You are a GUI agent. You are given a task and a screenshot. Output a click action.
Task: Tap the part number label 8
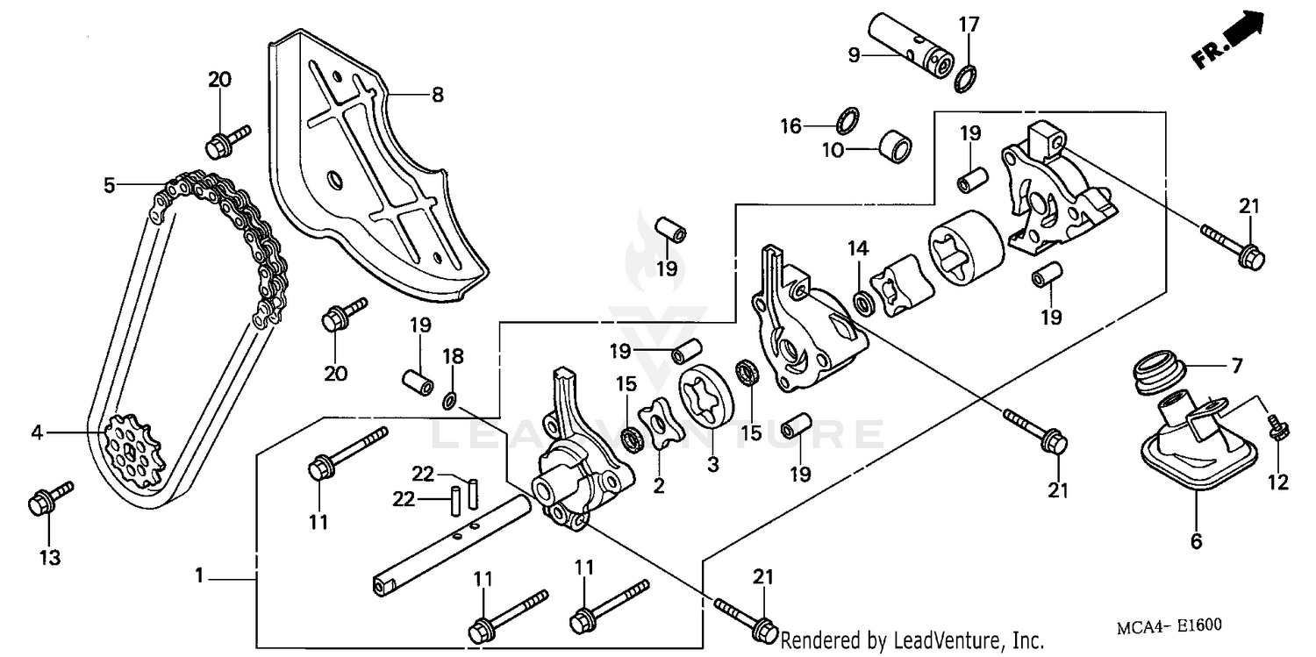[x=437, y=95]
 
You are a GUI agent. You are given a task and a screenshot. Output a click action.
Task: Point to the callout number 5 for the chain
[x=109, y=185]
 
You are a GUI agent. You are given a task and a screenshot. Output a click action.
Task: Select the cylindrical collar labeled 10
[x=896, y=144]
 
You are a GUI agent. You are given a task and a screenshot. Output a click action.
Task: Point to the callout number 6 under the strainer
[x=1196, y=541]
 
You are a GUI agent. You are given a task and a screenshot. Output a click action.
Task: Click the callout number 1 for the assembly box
[x=199, y=576]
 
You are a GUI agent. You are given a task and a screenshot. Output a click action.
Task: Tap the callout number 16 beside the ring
[x=791, y=127]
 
